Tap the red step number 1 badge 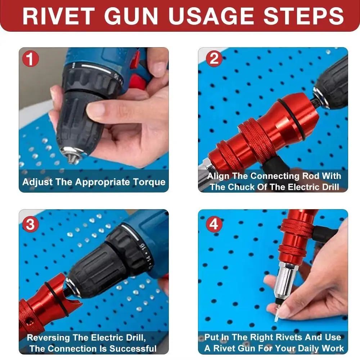click(x=31, y=59)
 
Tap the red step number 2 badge click(x=214, y=59)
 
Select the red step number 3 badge click(x=31, y=225)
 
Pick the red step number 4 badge click(x=214, y=225)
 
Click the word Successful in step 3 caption click(x=133, y=348)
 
